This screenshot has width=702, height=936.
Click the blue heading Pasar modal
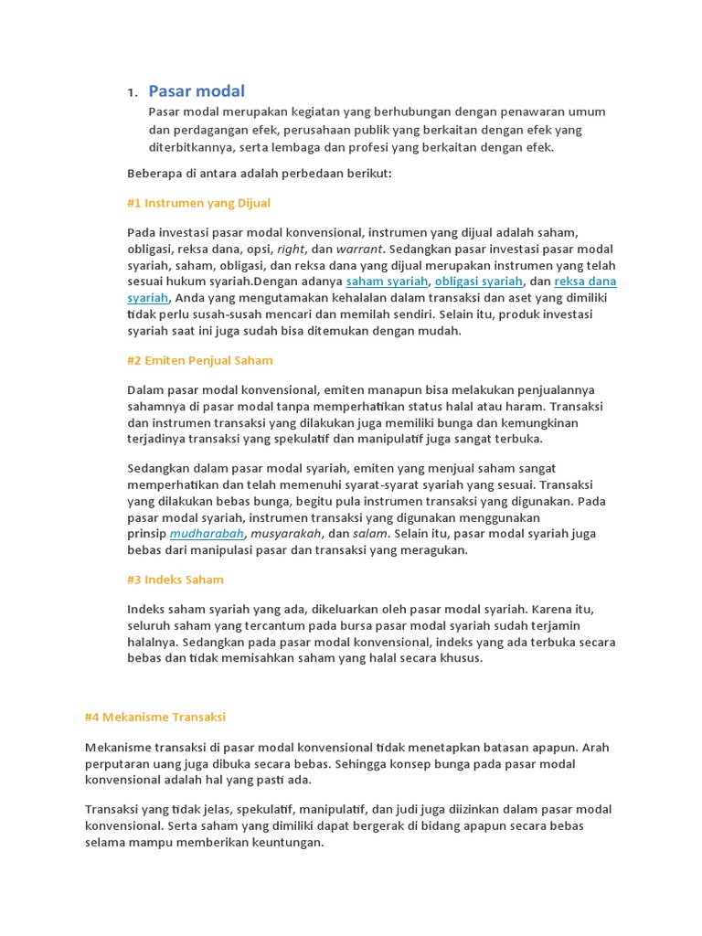point(197,90)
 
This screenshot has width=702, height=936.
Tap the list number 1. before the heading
point(132,92)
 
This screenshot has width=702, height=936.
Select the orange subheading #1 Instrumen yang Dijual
point(198,203)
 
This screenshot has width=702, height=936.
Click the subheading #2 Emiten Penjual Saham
point(199,360)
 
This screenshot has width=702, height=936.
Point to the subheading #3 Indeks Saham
point(175,580)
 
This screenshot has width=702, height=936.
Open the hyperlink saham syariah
point(387,282)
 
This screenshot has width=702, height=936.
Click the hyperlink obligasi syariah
point(479,282)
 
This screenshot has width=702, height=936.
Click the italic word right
point(291,249)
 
